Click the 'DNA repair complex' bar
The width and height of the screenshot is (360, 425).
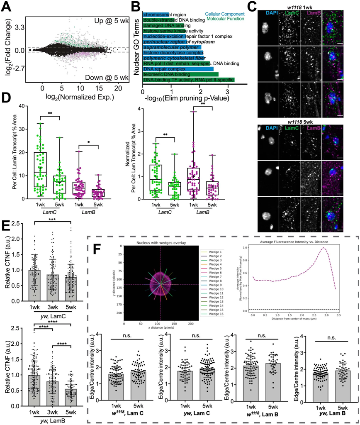click(178, 68)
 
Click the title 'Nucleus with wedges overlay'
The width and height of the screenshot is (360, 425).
click(161, 242)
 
